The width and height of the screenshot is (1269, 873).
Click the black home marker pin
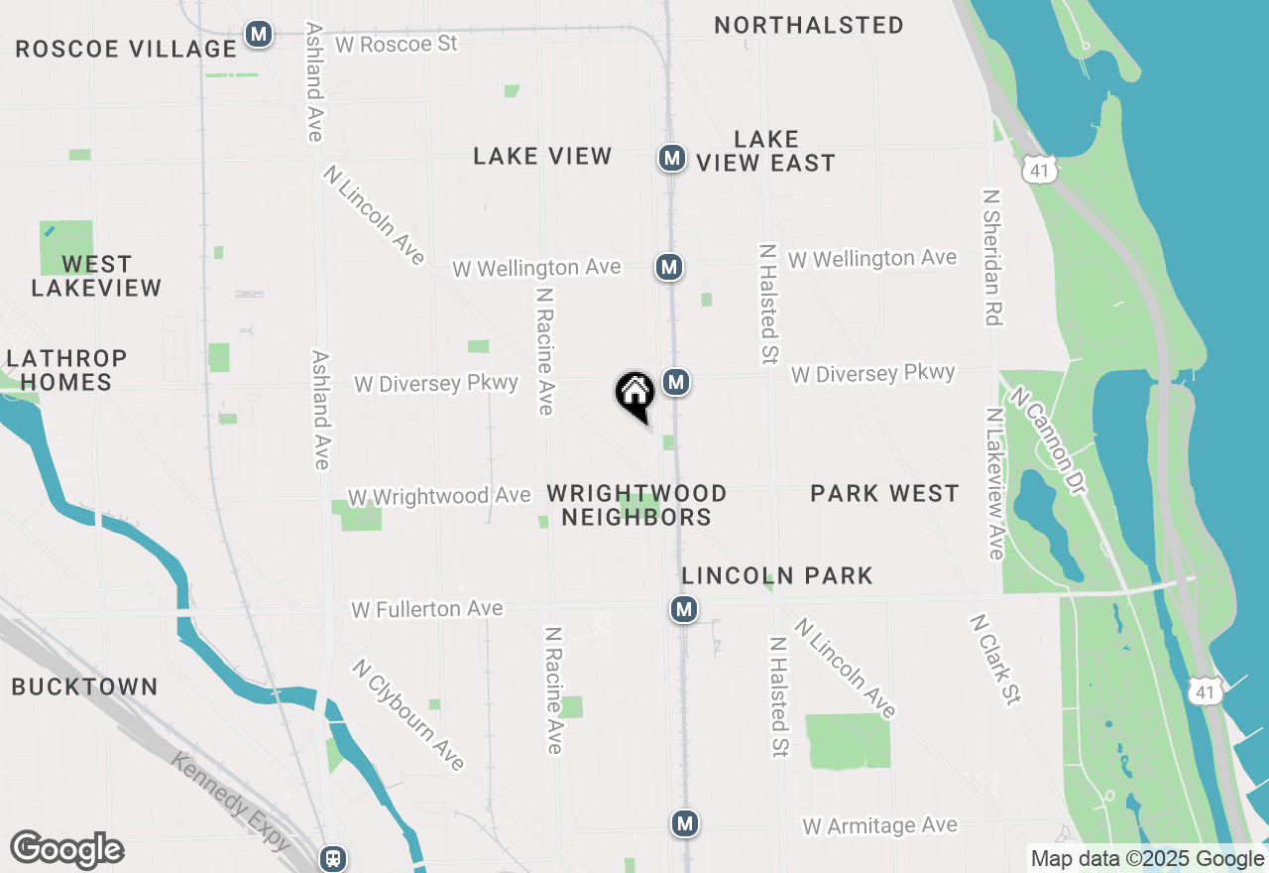click(635, 395)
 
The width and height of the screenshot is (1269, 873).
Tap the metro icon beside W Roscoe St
click(259, 34)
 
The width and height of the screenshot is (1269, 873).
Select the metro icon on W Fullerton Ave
click(683, 608)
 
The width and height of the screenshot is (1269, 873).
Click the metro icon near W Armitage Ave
click(684, 822)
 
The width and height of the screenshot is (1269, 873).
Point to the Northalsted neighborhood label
click(809, 25)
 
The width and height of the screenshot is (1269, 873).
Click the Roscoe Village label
click(126, 49)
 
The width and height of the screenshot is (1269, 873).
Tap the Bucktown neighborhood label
click(85, 686)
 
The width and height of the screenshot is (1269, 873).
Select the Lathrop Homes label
click(67, 370)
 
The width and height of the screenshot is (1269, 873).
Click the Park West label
click(884, 493)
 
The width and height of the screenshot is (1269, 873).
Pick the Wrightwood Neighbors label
click(636, 505)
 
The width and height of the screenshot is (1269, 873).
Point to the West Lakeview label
click(96, 276)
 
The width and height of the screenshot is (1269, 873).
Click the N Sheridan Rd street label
click(991, 258)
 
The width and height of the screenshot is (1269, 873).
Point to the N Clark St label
click(995, 660)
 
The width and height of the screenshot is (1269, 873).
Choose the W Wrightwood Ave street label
click(439, 496)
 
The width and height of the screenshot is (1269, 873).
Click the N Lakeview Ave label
click(995, 483)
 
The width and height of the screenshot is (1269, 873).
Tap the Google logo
click(66, 849)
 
